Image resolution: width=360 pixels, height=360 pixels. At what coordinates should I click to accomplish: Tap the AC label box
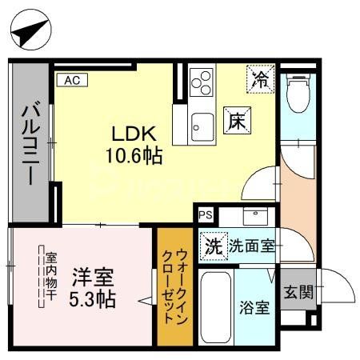[x=71, y=79]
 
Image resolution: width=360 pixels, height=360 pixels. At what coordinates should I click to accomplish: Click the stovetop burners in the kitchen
[x=202, y=83]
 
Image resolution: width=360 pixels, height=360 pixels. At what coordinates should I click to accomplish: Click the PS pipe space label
[x=206, y=214]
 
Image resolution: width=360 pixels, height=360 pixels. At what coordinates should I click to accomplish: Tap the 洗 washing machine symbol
[x=214, y=246]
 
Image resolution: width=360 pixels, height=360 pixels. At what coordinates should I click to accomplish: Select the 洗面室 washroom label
[x=252, y=246]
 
